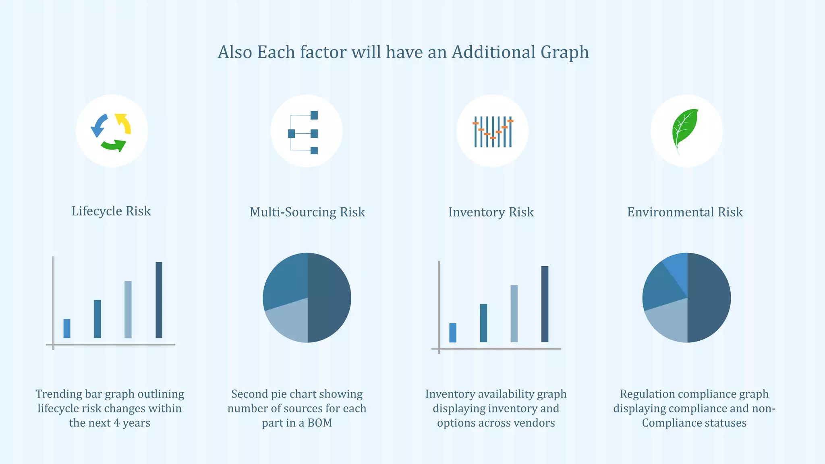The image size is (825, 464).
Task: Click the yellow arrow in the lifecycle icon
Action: (124, 123)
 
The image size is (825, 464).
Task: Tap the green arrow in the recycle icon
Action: (114, 145)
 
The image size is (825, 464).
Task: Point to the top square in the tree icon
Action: (314, 115)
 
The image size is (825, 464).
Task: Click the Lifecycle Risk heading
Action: (111, 211)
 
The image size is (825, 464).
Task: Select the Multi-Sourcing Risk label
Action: (307, 212)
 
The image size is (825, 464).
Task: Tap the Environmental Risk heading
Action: (685, 212)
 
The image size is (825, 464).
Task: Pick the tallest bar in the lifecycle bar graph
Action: (159, 300)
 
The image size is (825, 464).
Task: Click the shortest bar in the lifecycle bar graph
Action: (67, 328)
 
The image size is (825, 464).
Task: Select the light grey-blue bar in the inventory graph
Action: (514, 313)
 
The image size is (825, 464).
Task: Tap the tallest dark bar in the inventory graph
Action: (545, 304)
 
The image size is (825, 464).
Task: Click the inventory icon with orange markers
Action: (492, 131)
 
